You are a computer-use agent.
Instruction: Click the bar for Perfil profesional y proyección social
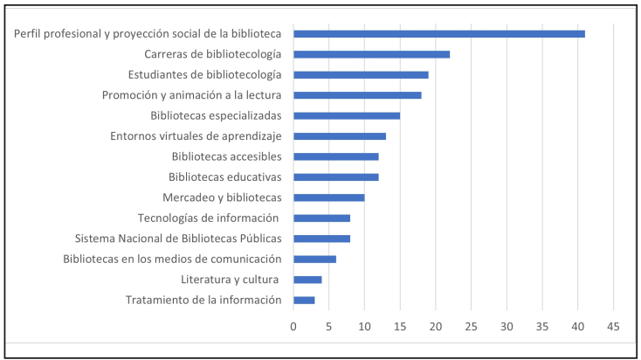tap(439, 34)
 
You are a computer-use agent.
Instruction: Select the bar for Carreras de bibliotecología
tap(372, 54)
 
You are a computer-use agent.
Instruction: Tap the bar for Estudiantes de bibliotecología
tap(361, 75)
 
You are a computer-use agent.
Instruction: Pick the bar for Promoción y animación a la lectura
tap(357, 95)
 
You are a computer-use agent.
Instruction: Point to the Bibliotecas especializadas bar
tap(347, 115)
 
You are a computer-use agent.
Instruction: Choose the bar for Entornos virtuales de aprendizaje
tap(340, 136)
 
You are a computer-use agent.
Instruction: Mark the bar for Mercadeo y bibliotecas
tap(329, 197)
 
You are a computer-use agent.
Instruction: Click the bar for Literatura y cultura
tap(307, 280)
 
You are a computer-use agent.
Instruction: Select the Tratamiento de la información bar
tap(304, 301)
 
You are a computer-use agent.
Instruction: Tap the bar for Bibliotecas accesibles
tap(336, 156)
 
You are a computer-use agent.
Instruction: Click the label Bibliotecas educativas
tap(224, 177)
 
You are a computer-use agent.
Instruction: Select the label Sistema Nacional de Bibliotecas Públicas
tap(178, 239)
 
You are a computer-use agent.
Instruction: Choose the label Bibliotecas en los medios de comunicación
tap(172, 260)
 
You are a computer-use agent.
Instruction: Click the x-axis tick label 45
tap(613, 326)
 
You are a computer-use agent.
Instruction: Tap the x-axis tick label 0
tap(293, 326)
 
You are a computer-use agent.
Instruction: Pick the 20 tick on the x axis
tap(436, 326)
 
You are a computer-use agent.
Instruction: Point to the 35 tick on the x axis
tap(542, 326)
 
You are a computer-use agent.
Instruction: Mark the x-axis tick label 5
tap(329, 326)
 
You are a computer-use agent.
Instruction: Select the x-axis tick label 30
tap(507, 326)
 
